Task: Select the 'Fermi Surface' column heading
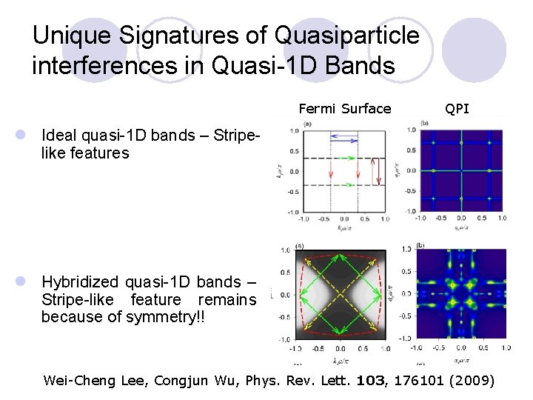[344, 109]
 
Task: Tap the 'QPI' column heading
[457, 109]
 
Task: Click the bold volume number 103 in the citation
[370, 381]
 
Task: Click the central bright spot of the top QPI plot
[460, 171]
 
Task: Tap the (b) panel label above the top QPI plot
[424, 123]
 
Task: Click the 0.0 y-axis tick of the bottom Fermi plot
[283, 295]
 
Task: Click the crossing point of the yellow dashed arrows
[339, 295]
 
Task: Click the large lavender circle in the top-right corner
[484, 49]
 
